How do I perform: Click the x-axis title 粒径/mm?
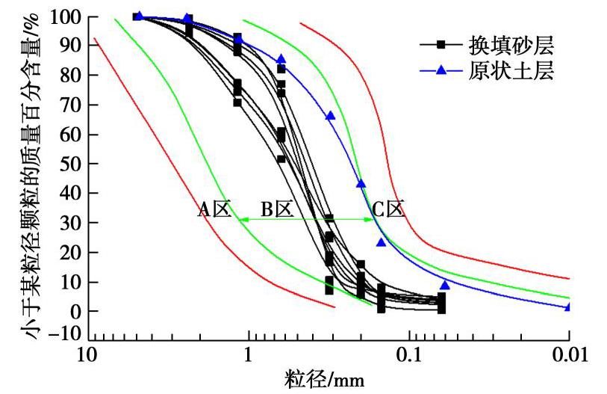point(325,379)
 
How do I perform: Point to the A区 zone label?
point(214,209)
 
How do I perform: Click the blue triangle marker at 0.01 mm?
point(568,307)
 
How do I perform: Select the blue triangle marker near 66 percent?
point(330,116)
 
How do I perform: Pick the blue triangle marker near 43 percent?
point(361,183)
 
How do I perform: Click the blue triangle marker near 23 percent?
point(381,241)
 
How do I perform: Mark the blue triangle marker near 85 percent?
point(281,59)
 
